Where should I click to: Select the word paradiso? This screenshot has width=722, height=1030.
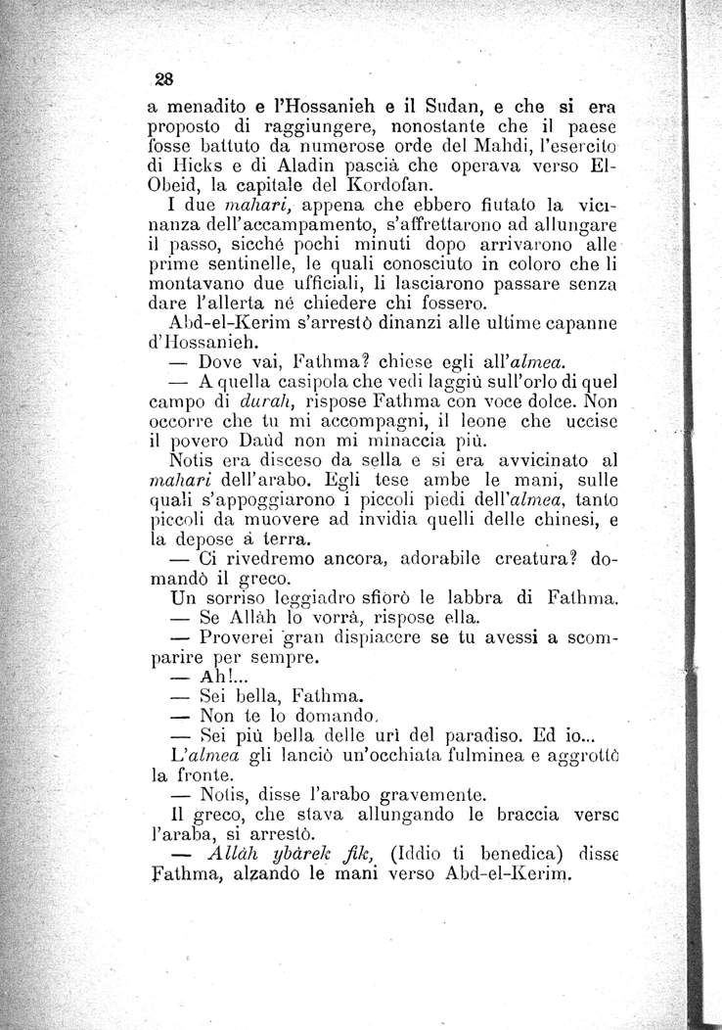pos(476,740)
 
